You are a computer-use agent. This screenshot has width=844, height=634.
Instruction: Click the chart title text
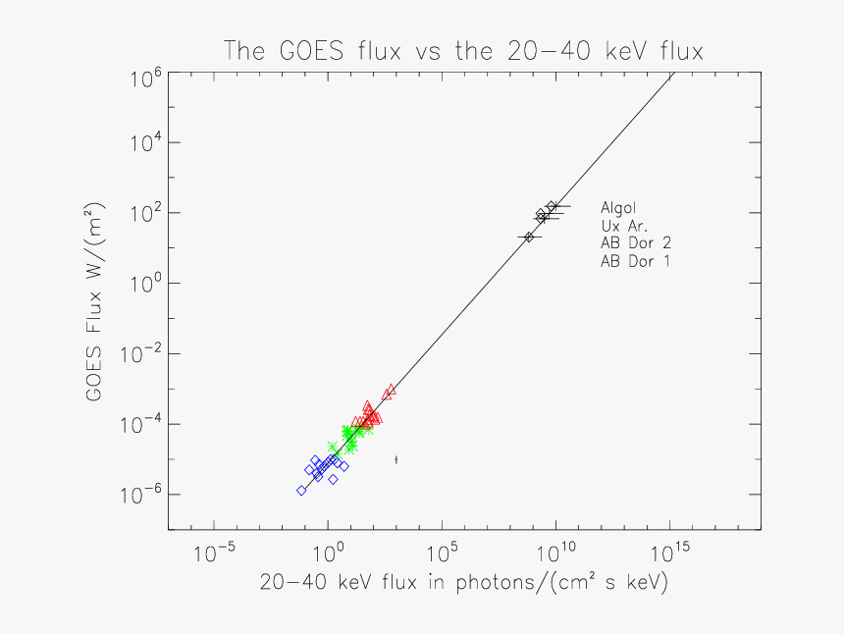click(463, 50)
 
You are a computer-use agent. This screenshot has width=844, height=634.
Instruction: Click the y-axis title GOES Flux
click(95, 304)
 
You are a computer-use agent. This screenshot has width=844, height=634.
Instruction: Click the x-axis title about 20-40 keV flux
click(463, 582)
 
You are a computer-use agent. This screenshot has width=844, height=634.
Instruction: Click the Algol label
click(618, 208)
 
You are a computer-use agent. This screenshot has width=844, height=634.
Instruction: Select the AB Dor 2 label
click(636, 243)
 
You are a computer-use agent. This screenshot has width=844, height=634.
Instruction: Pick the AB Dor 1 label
click(636, 261)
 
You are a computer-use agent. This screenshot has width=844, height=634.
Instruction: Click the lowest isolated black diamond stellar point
click(529, 237)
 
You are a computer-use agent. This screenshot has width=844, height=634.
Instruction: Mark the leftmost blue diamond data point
click(301, 491)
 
